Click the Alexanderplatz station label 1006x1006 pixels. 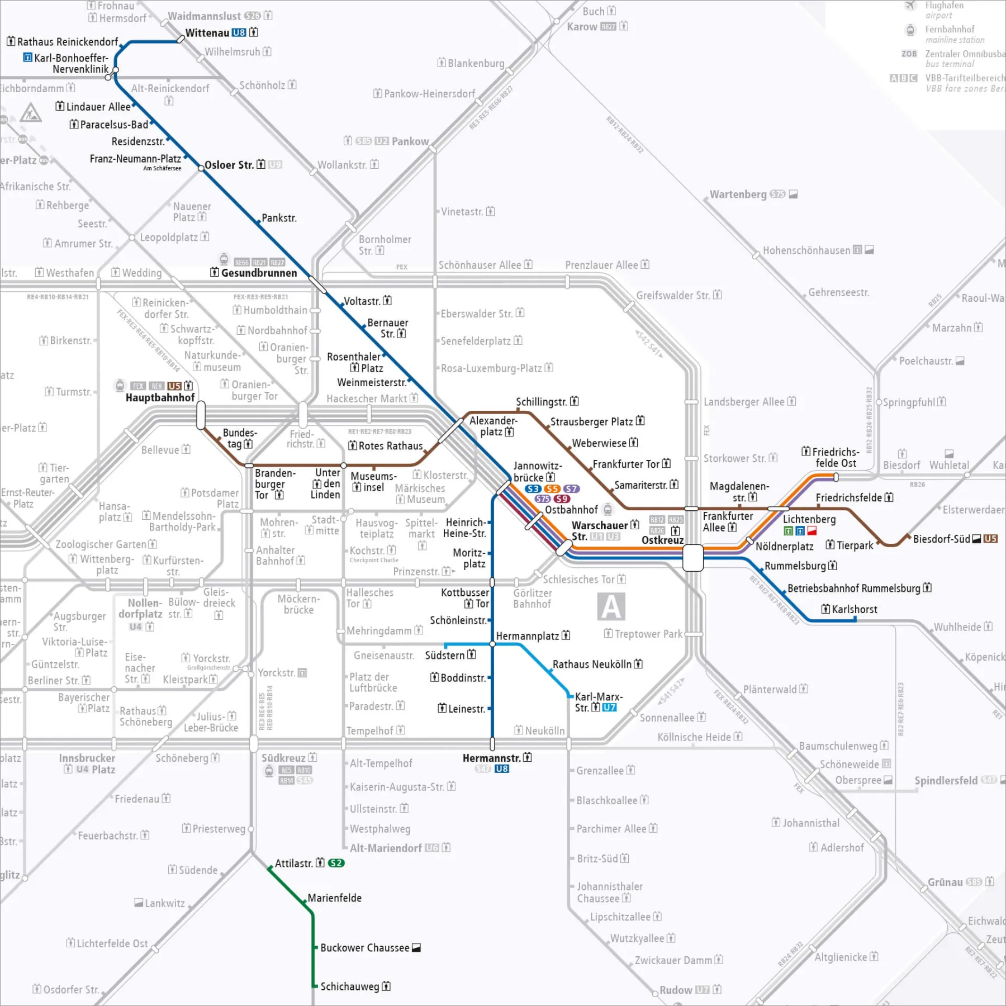coord(493,426)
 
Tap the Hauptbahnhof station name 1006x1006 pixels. coord(160,397)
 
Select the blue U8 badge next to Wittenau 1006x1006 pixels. coord(239,32)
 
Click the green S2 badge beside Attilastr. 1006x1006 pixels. coord(336,863)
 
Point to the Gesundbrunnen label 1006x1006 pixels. coord(259,273)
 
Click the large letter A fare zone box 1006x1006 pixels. coord(611,607)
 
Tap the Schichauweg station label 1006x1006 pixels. coord(350,986)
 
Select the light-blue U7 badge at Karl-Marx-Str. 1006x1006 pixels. coord(609,708)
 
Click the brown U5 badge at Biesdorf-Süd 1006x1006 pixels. coord(990,539)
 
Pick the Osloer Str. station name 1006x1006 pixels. coord(229,165)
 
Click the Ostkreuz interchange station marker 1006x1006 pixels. coord(693,557)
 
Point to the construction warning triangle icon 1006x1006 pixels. coord(30,113)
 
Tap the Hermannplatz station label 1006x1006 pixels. coord(527,636)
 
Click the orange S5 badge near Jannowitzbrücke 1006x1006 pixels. coord(552,488)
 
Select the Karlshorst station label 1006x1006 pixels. coord(854,609)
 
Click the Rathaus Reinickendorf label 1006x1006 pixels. coord(67,42)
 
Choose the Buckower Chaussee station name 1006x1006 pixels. coord(364,948)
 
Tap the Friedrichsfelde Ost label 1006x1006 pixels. coord(836,457)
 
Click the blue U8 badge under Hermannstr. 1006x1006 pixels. coord(502,768)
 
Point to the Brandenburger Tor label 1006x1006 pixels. coord(274,484)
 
